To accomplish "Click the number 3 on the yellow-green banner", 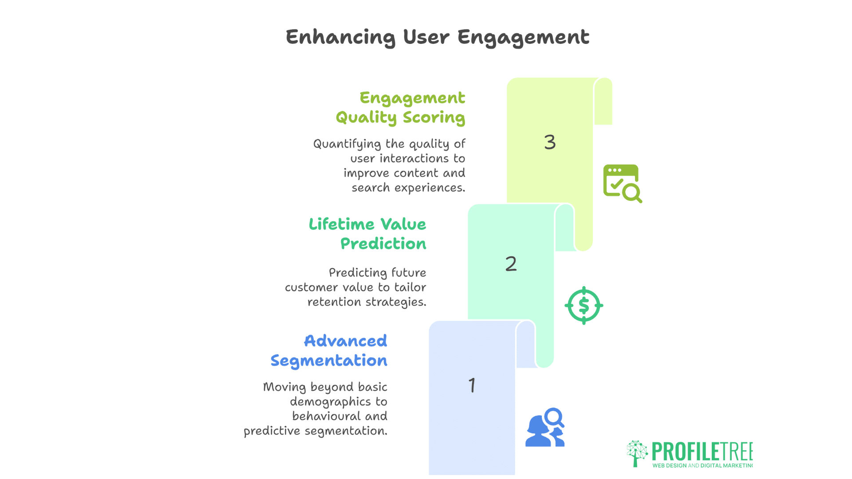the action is pos(550,142).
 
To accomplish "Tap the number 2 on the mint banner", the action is pos(511,264).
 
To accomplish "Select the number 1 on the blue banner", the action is pos(472,385).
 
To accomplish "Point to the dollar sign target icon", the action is pos(584,306).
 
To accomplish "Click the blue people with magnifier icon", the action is pos(545,427).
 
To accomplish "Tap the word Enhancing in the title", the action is pos(341,37).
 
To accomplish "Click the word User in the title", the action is pos(426,37).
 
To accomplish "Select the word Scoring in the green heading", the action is pos(434,118).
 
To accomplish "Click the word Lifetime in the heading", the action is pos(342,224).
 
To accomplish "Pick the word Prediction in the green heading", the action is pos(383,243).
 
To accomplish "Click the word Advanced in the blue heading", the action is pos(346,341).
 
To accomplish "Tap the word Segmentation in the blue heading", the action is pos(329,361).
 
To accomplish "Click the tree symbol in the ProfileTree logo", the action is pos(637,453).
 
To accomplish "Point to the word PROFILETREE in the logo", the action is pos(702,452).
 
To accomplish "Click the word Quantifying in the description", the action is pos(347,144).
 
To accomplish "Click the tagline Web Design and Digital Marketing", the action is pos(702,466).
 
